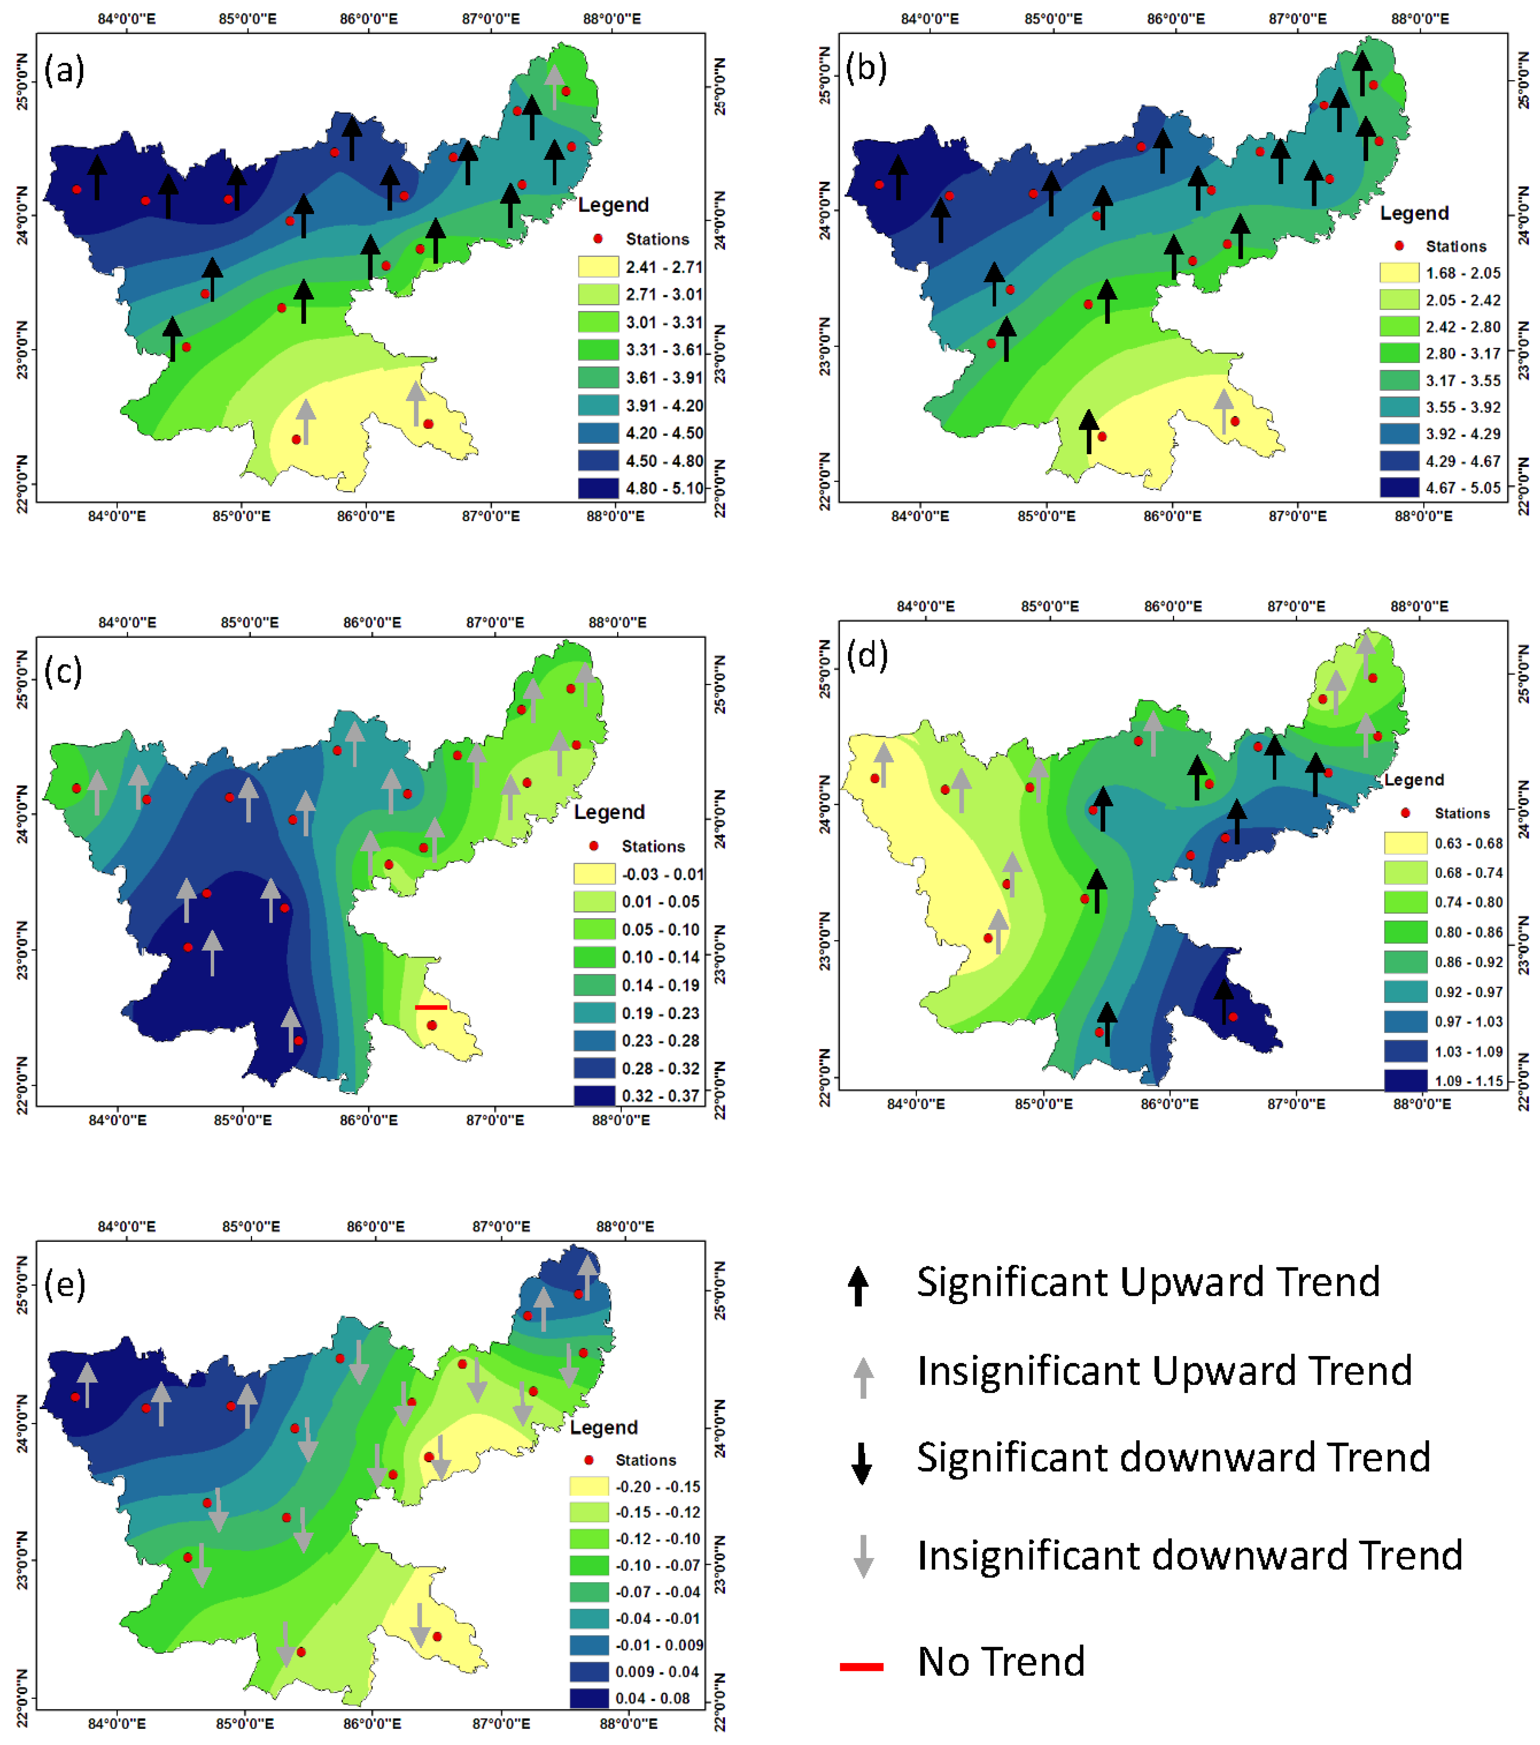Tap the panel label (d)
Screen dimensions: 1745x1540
867,655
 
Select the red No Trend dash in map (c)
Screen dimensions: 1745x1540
430,1007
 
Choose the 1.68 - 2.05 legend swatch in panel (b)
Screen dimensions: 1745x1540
1399,273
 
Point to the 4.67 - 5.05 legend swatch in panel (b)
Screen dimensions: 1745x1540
1399,487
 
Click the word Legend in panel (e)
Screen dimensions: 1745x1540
603,1428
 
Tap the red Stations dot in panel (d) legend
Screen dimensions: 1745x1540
1405,813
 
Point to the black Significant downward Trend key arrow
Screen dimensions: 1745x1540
861,1463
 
